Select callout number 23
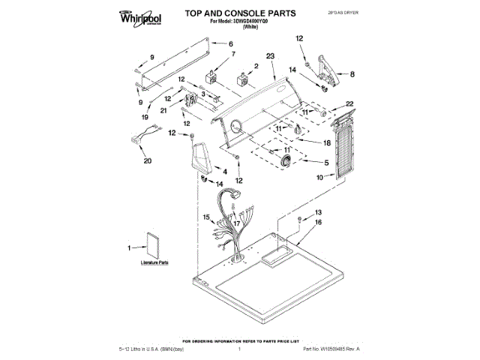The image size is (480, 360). pos(271,55)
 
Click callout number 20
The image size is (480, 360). pos(146,161)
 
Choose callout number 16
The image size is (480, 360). pos(317,223)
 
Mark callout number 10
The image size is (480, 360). pos(320,178)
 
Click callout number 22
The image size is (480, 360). pos(349,103)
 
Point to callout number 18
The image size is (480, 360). pos(326,142)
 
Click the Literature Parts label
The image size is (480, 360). pos(154,264)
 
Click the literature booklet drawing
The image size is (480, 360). pos(154,244)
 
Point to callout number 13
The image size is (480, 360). pos(317,212)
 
